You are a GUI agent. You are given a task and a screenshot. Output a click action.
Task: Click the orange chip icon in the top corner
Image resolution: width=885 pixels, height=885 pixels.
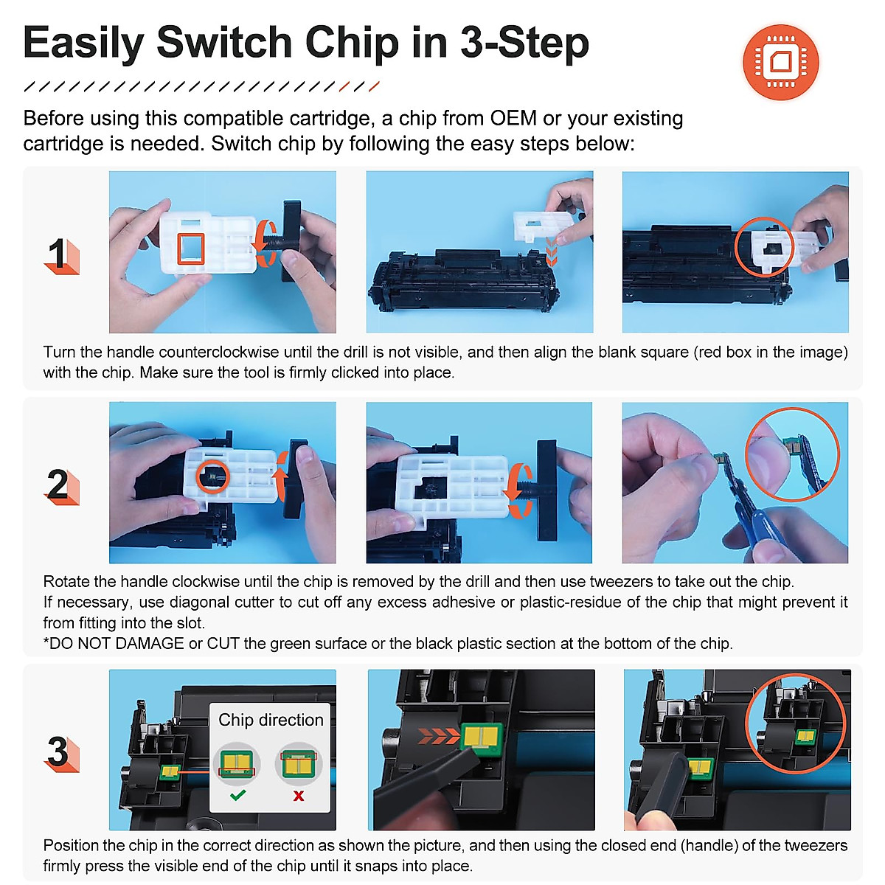click(780, 62)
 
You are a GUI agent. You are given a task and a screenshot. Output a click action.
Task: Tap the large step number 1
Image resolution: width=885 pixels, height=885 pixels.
click(58, 253)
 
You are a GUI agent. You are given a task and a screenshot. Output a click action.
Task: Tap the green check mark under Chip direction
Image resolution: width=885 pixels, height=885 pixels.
click(238, 795)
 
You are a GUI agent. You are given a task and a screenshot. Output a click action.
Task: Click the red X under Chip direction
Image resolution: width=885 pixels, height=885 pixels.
click(299, 796)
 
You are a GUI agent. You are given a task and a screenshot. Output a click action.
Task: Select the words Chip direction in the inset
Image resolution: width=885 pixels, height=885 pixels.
click(271, 720)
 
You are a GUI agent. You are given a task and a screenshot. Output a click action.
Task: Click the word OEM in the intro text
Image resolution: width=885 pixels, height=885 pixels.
click(513, 118)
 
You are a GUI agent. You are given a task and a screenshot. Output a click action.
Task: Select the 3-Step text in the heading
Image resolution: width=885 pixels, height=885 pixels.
click(524, 43)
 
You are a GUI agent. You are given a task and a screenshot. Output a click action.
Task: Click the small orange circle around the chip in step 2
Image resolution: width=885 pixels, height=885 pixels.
click(212, 476)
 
